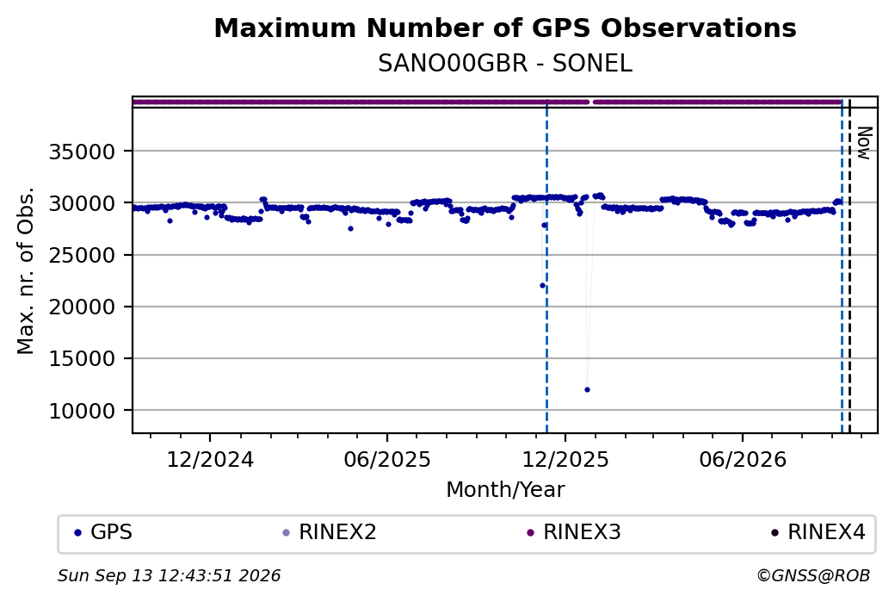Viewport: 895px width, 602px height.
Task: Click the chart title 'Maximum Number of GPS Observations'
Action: tap(505, 28)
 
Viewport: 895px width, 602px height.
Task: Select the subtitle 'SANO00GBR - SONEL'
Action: tap(505, 64)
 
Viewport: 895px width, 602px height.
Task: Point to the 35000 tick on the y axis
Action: tap(83, 152)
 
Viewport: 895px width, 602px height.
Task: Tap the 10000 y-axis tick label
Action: tap(83, 411)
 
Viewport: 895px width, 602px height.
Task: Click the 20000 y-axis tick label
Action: tap(83, 307)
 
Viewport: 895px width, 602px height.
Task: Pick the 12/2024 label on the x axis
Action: tap(210, 460)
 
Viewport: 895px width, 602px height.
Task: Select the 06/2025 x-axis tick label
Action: tap(387, 460)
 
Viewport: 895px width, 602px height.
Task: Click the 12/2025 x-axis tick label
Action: tap(565, 460)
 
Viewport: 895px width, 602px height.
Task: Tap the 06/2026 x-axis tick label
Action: tap(743, 460)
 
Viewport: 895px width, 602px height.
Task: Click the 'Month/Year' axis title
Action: tap(505, 490)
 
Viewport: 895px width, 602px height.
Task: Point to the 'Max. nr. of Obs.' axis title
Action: tap(26, 270)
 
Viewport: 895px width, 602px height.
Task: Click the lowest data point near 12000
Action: tap(587, 389)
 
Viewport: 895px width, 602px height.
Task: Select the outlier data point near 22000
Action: tap(542, 286)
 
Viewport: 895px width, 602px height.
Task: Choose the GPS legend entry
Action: tap(103, 532)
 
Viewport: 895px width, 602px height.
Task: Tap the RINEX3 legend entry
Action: tap(574, 532)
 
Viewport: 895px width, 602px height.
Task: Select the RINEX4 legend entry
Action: tap(818, 532)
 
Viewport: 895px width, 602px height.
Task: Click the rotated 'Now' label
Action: tap(866, 143)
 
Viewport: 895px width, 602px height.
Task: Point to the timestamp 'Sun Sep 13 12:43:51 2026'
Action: tap(170, 575)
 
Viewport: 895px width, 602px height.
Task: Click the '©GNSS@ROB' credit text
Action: tap(813, 575)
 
